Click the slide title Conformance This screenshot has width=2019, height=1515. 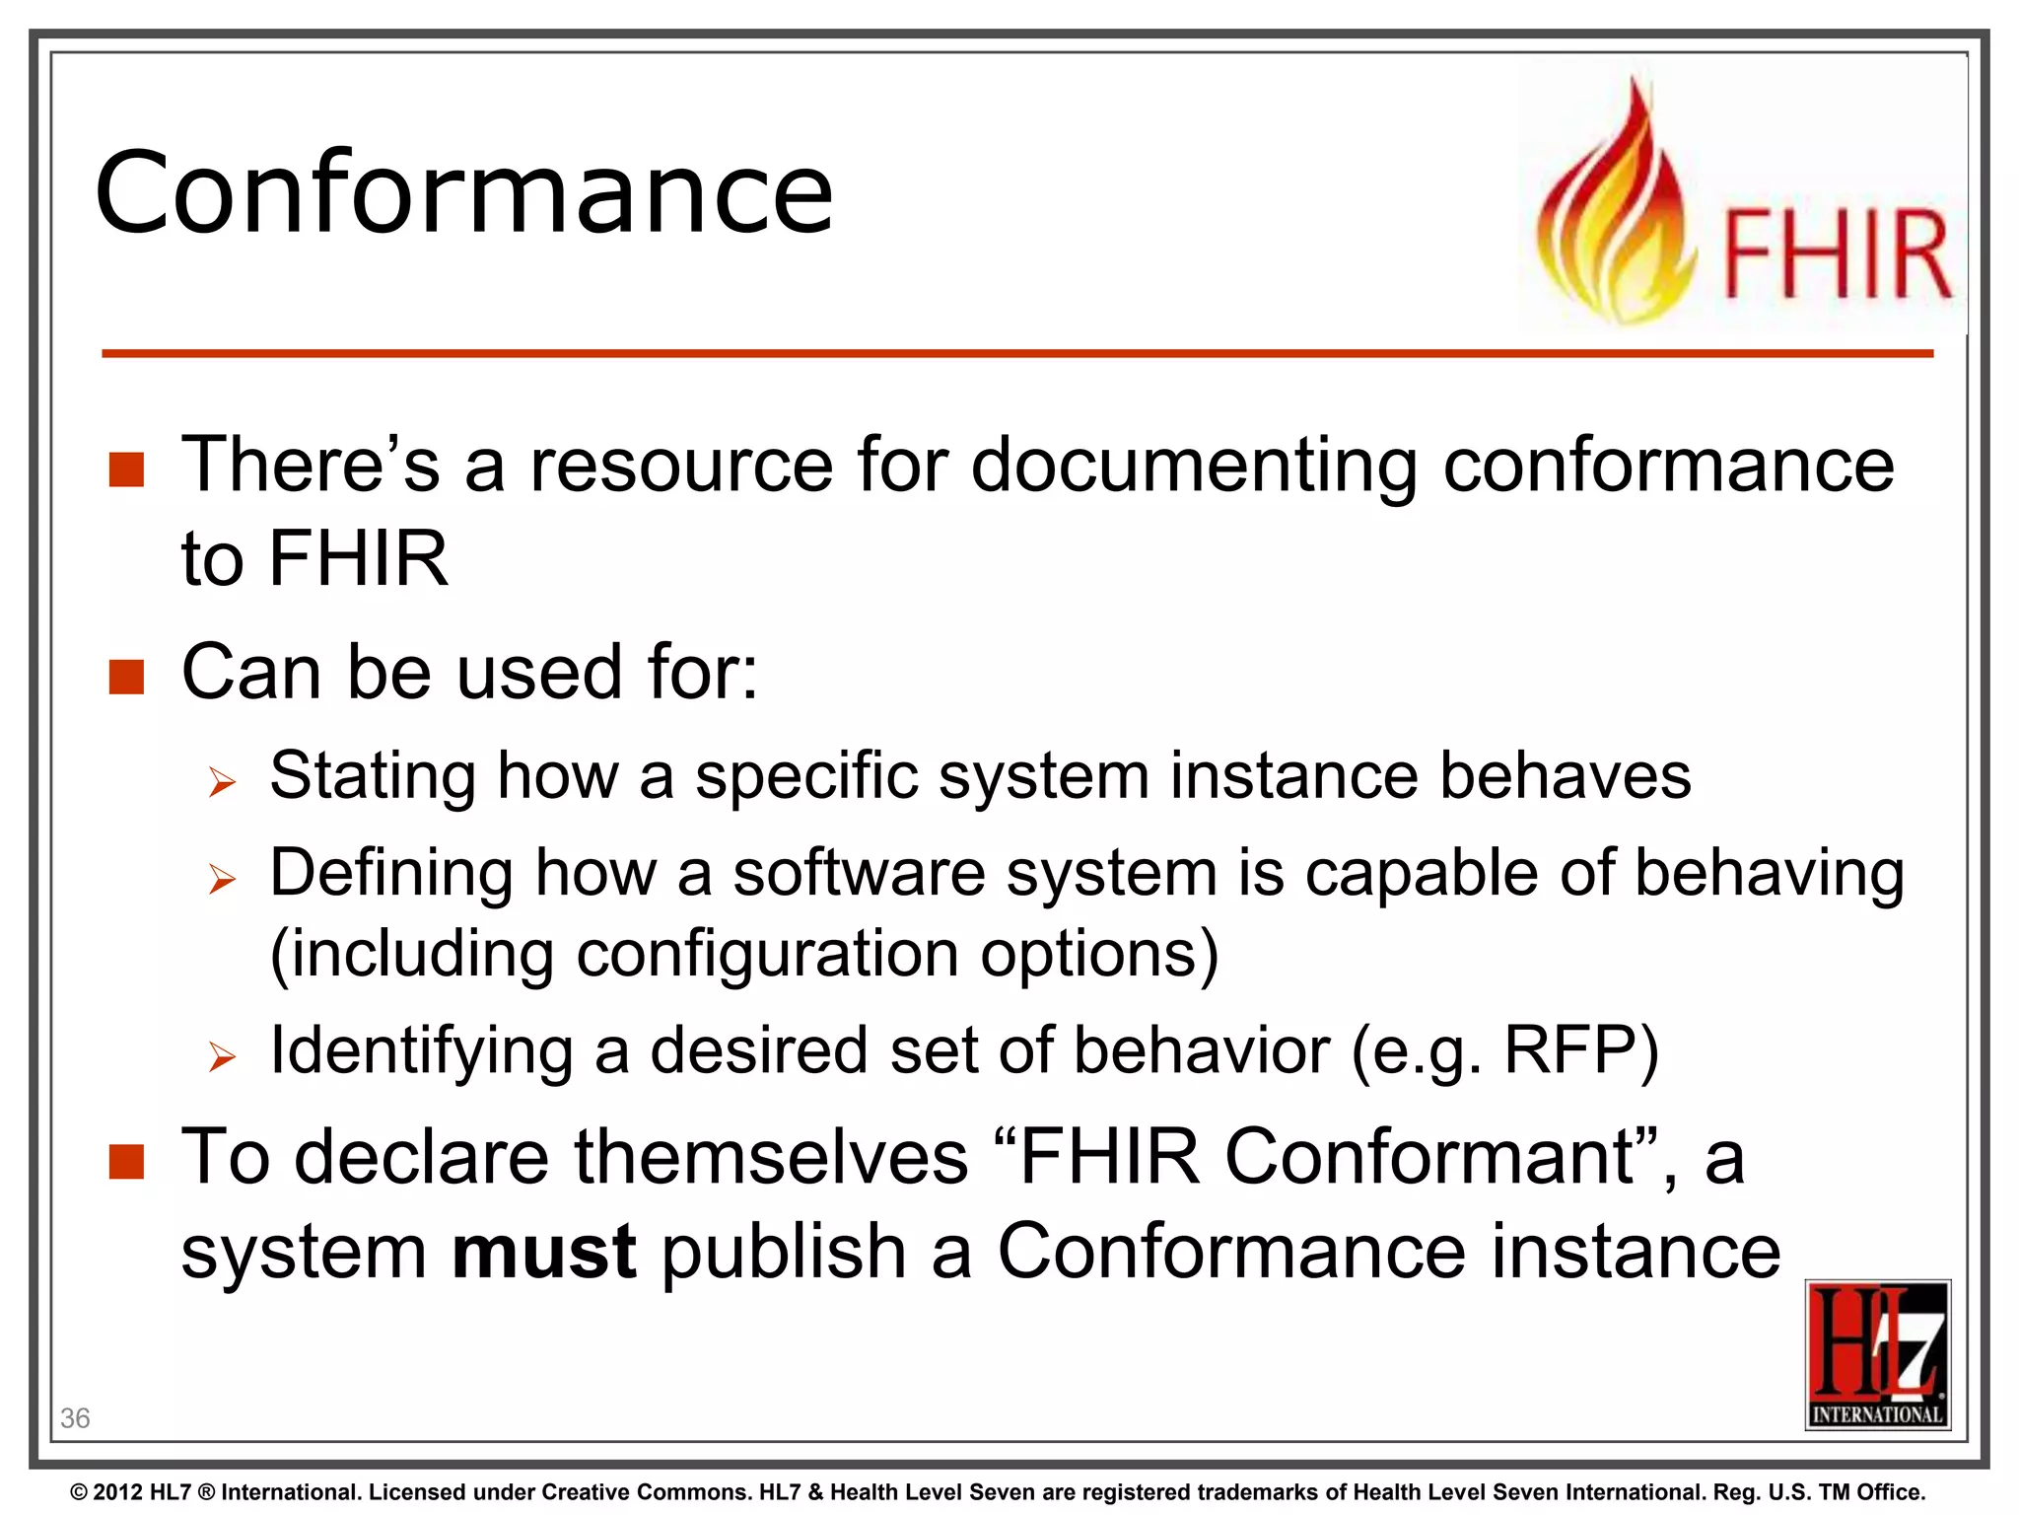[463, 192]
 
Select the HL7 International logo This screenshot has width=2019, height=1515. [1877, 1354]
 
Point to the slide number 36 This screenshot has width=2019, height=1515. [75, 1418]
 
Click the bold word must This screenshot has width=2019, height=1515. [543, 1251]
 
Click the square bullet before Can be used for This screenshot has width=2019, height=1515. [126, 677]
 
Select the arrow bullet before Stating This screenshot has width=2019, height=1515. [222, 783]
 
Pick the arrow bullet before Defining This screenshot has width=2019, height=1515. [222, 878]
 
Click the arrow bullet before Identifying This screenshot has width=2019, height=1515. [222, 1056]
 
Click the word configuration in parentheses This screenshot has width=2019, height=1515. [766, 954]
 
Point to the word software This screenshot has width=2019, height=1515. [858, 873]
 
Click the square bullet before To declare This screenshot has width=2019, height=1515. [126, 1161]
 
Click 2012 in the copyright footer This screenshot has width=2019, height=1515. [118, 1492]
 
